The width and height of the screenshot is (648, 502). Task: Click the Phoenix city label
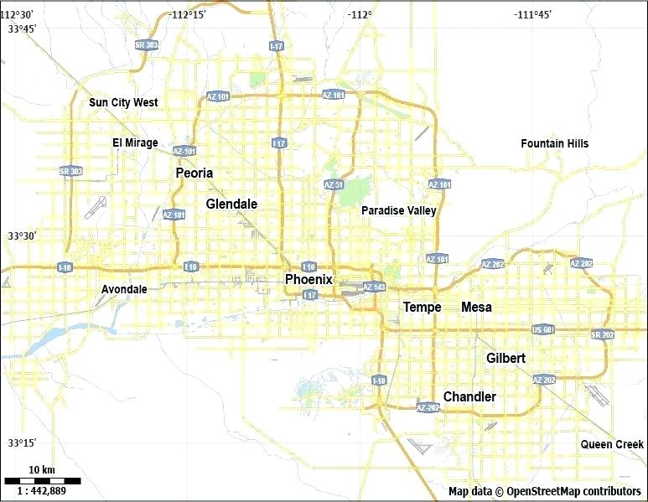click(x=308, y=279)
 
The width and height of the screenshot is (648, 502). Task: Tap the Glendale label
click(x=231, y=204)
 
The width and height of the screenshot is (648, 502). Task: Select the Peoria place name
click(x=194, y=173)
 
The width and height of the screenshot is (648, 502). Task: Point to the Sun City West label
click(x=123, y=102)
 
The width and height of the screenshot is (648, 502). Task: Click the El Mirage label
click(x=135, y=142)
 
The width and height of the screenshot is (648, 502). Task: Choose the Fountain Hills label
click(x=554, y=143)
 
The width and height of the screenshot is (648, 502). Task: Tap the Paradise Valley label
click(x=398, y=210)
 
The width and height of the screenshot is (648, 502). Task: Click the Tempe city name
click(x=422, y=307)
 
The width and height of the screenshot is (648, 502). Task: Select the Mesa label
click(x=476, y=307)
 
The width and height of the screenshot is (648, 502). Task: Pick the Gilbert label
click(x=505, y=358)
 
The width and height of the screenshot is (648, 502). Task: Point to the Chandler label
click(x=469, y=396)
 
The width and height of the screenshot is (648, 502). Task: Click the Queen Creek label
click(x=612, y=444)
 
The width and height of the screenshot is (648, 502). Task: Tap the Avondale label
click(x=124, y=289)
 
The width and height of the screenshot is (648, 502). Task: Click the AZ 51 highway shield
click(x=334, y=184)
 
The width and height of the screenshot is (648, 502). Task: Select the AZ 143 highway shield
click(x=374, y=287)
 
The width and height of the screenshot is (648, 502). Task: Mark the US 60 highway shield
click(x=543, y=329)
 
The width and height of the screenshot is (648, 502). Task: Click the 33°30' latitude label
click(x=22, y=236)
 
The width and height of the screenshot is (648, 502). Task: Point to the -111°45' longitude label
click(x=533, y=14)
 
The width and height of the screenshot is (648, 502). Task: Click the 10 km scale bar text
click(x=42, y=468)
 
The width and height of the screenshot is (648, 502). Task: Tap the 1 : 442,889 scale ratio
click(x=42, y=490)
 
